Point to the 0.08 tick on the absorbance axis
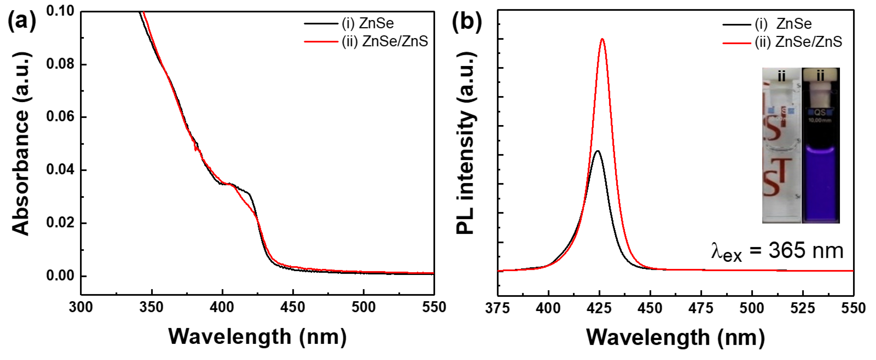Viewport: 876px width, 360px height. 60,64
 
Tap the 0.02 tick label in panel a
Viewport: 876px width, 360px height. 60,223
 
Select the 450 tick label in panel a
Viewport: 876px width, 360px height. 293,307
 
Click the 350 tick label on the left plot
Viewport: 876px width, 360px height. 151,307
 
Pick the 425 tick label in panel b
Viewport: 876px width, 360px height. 599,308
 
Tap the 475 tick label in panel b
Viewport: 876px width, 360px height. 701,308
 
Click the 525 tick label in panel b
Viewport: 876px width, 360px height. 803,308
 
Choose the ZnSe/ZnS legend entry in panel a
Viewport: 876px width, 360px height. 384,41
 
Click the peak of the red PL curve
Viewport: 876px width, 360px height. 602,39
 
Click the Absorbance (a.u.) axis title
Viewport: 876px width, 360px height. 20,144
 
